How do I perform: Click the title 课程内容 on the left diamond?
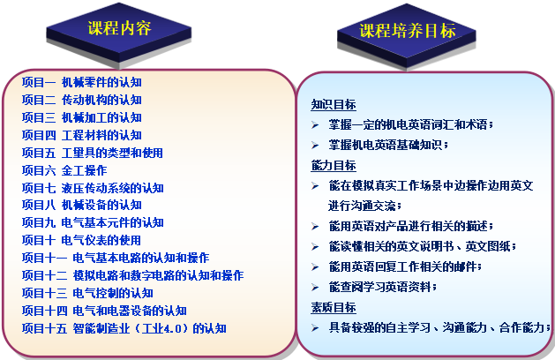119,28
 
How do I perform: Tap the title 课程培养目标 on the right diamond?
408,31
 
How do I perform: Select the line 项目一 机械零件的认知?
82,82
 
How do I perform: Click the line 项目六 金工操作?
64,170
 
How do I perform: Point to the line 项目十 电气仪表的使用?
81,240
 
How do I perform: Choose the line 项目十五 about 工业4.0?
124,328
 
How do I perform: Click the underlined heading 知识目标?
334,104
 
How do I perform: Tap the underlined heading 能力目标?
334,165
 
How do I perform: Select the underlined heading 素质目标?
334,307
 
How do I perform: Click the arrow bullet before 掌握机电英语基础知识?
315,145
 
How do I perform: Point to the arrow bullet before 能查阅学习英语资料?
315,287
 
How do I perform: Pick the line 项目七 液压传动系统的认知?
93,188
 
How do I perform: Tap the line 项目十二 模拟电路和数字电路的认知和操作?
132,275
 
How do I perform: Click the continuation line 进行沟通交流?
365,206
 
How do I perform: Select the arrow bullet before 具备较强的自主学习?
315,327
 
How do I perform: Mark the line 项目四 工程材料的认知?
82,135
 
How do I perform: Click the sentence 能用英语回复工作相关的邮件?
405,266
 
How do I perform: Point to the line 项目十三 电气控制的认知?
87,293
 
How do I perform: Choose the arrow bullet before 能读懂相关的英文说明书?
315,247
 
